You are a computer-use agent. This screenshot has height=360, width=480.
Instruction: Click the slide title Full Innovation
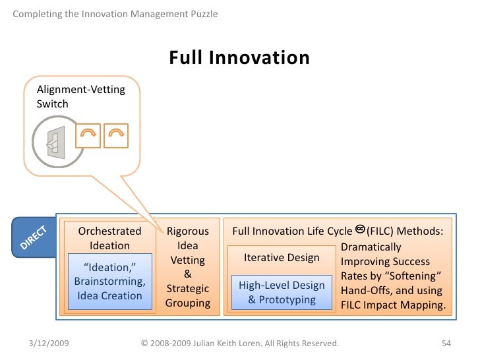coord(239,59)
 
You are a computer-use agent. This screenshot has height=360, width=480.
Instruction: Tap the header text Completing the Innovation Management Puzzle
coord(115,14)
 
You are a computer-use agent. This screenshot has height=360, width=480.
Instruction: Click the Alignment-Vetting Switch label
coord(80,96)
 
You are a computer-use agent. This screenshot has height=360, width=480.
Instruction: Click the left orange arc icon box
coord(88,135)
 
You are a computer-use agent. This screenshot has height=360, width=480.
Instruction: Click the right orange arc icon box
coord(116,135)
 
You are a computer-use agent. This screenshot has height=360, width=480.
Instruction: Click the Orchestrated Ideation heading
coord(109,238)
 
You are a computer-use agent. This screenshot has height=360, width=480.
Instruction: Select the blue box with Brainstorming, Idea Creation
coord(109,282)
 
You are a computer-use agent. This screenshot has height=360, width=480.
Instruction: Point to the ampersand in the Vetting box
coord(187,274)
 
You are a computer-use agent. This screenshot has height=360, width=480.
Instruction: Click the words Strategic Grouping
coord(187,296)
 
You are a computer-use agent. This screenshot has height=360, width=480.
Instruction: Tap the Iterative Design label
coord(282,258)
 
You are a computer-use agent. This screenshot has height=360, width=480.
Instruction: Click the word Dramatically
coord(371,247)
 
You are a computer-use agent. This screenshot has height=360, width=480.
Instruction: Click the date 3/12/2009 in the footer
coord(51,343)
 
